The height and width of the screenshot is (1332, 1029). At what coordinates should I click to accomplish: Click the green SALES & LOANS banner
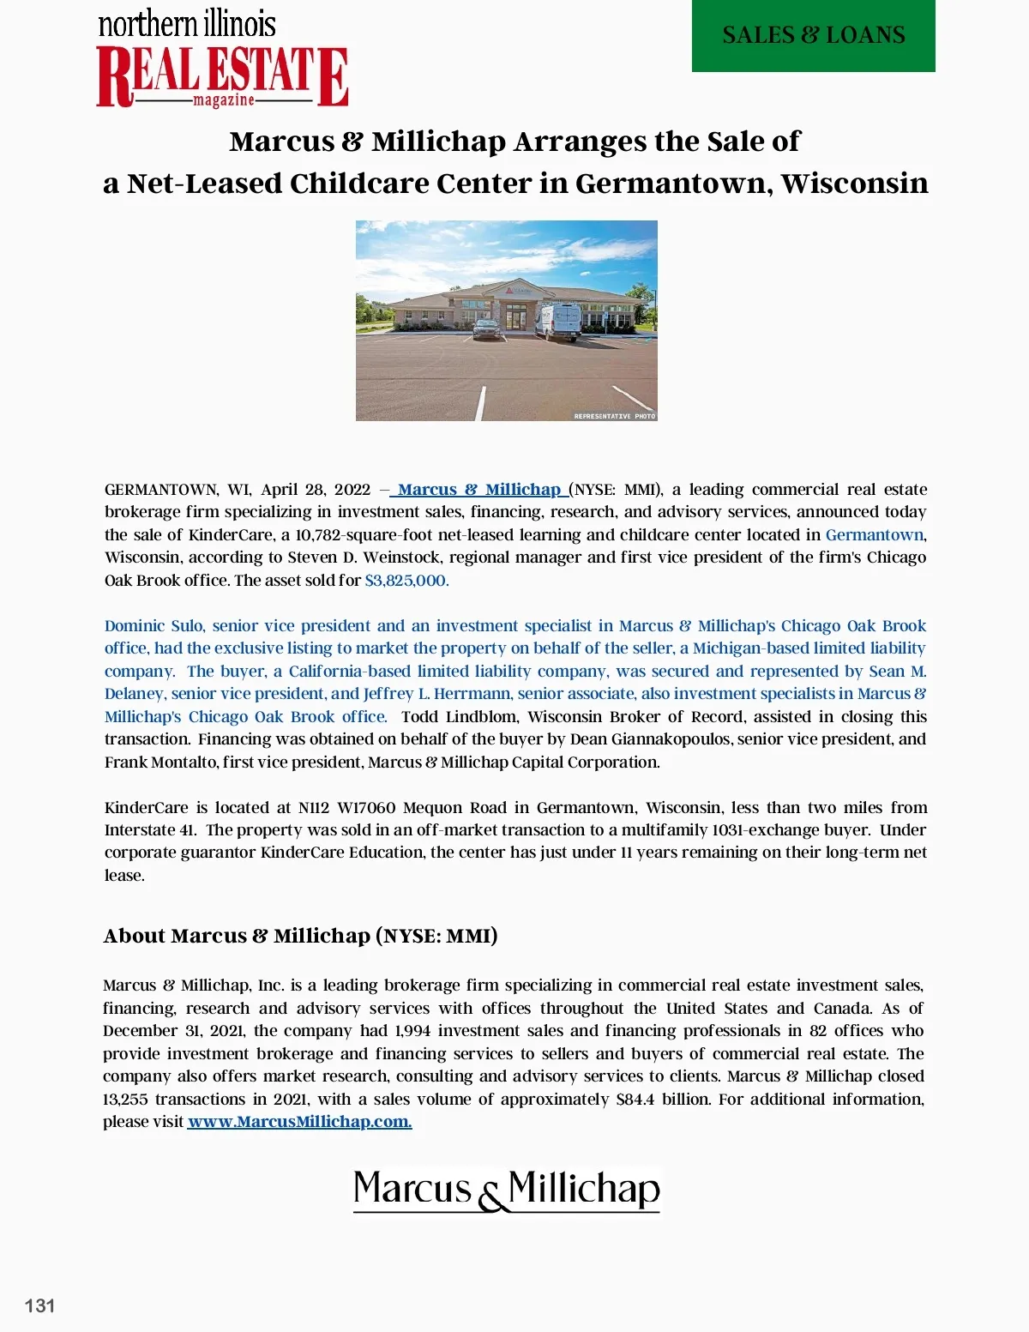pos(813,35)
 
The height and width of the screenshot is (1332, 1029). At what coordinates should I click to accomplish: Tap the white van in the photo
pos(558,321)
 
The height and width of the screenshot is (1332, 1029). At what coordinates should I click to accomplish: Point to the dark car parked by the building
pos(487,328)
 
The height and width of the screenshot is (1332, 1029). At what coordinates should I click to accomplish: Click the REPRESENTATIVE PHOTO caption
pos(614,416)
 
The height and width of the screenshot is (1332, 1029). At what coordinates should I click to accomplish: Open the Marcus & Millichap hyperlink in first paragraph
pos(478,490)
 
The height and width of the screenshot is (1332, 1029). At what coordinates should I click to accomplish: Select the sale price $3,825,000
pos(406,581)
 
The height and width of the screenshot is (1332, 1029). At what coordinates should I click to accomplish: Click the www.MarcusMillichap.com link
pos(299,1122)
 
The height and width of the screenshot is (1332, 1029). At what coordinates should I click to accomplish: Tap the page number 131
pos(40,1305)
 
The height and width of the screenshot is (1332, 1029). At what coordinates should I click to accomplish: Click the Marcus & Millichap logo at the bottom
pos(507,1190)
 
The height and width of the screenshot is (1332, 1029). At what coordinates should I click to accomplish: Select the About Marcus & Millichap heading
pos(300,936)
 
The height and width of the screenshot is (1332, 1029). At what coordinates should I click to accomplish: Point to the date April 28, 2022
pos(316,490)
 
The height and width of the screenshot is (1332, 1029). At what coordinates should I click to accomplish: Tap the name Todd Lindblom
pos(459,717)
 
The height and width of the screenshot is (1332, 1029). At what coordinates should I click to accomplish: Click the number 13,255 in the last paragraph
pos(125,1100)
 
